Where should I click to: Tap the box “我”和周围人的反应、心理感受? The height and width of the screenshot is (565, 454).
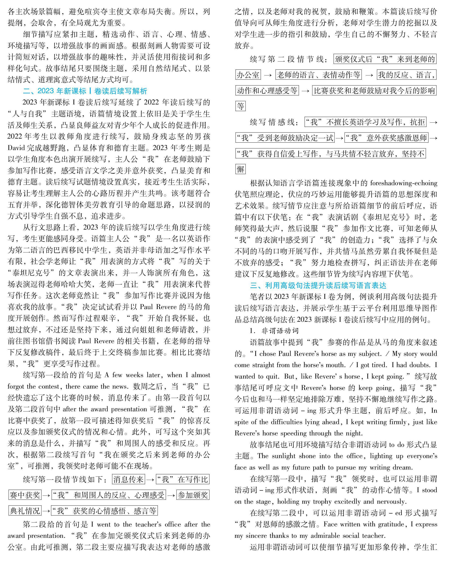pos(109,495)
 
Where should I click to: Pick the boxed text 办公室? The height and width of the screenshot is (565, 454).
pos(248,75)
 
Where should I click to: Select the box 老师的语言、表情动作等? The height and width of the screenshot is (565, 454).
pos(318,75)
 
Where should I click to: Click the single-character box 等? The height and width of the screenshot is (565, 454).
pos(240,106)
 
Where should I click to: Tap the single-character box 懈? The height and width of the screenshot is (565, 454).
pos(240,169)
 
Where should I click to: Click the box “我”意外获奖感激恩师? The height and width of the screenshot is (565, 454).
pos(386,138)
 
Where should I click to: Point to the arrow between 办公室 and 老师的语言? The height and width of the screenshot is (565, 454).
pos(268,75)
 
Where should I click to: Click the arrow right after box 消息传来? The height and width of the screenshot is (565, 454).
pos(150,480)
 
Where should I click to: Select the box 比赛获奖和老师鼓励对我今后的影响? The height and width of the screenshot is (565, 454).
pos(374,91)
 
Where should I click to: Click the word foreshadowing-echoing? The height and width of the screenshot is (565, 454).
pos(404,183)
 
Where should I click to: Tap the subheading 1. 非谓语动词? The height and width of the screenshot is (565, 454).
pos(274,331)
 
